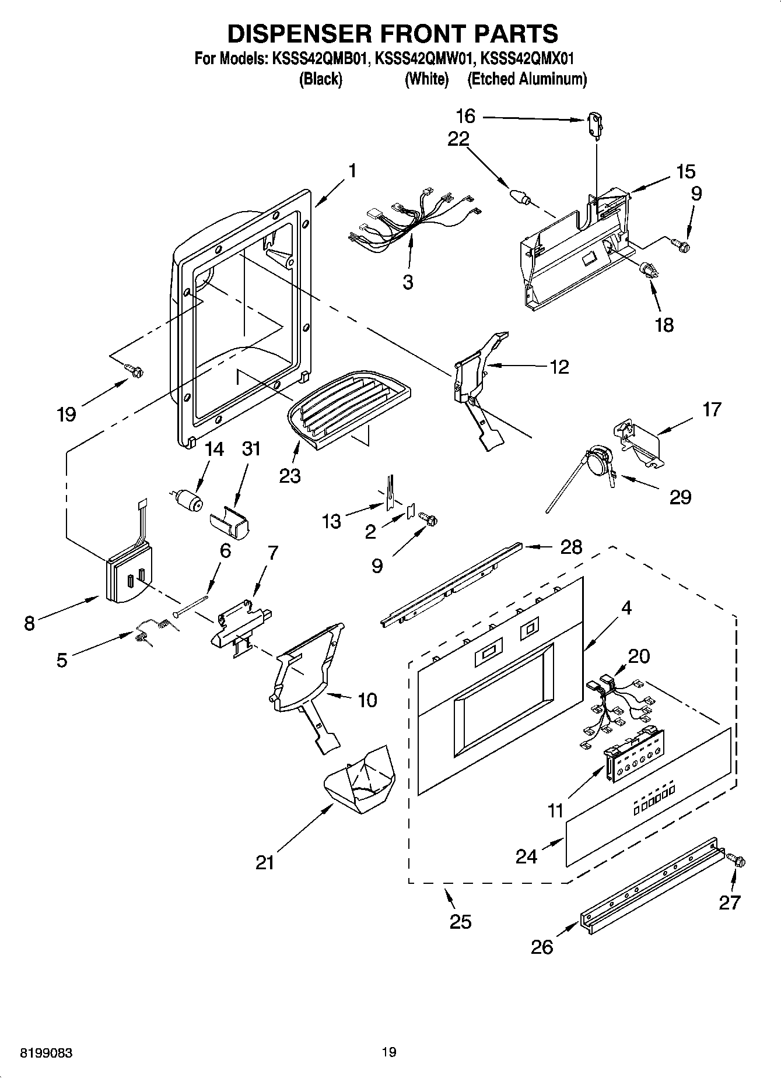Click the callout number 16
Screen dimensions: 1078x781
point(465,117)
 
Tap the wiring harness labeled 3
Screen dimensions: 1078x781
point(411,219)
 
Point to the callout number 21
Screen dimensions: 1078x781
point(265,862)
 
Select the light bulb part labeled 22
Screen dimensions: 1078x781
point(519,196)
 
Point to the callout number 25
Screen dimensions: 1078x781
point(460,922)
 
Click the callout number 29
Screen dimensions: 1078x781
point(680,497)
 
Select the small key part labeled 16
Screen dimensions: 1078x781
point(595,126)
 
